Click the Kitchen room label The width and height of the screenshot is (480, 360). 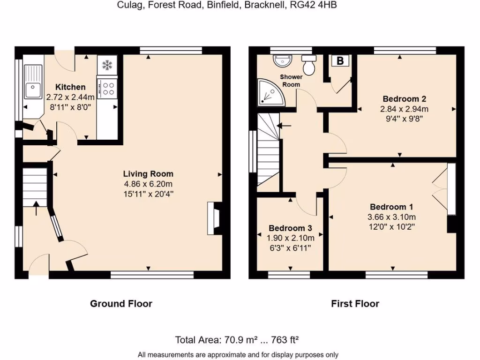[x=70, y=87]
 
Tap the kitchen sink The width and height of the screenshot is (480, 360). [x=33, y=87]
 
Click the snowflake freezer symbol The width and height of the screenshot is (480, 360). [x=108, y=65]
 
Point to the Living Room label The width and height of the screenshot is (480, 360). [x=148, y=174]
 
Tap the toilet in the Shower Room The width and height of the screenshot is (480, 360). [x=309, y=65]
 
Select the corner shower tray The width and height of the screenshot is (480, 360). [x=268, y=91]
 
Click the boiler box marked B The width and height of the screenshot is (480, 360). [x=340, y=60]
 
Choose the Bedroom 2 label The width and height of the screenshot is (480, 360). [x=404, y=99]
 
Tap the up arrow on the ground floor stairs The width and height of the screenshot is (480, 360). [x=37, y=209]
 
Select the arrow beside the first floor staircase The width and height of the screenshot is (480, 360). [x=284, y=126]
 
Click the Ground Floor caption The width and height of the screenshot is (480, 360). [x=121, y=304]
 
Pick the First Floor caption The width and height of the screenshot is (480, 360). [x=355, y=304]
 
